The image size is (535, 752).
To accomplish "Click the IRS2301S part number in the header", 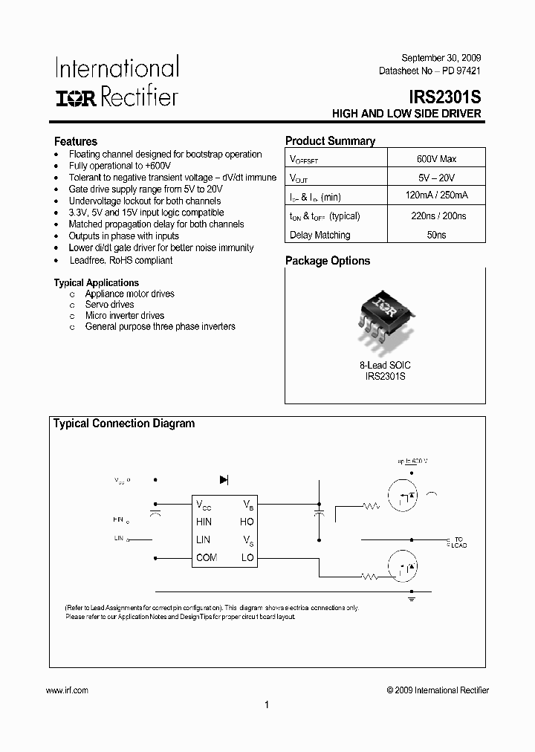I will pos(444,97).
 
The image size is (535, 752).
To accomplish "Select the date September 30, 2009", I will pos(441,58).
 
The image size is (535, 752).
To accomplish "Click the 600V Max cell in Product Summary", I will pos(436,159).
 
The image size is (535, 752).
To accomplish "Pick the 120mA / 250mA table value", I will pos(436,196).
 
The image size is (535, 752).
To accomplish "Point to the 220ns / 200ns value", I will pos(436,216).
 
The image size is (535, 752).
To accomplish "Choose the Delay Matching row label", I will pos(320,235).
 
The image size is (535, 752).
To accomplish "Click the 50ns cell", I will pos(436,235).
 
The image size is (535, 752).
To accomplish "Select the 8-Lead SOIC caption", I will pos(385,366).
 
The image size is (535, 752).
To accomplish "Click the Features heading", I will pos(75,141).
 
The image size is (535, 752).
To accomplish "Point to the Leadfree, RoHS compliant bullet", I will pos(120,260).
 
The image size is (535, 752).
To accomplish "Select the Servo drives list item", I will pos(109,305).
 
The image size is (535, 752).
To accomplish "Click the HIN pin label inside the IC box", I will pos(204,522).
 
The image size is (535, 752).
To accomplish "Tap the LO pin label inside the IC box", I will pos(247,557).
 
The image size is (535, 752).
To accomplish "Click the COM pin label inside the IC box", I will pos(207,557).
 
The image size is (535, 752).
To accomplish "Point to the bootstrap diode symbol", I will pos(224,480).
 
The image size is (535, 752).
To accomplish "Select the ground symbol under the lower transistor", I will pos(411,596).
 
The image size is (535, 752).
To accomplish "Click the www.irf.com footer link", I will pos(67,690).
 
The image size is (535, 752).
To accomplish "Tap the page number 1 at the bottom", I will pos(267,705).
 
